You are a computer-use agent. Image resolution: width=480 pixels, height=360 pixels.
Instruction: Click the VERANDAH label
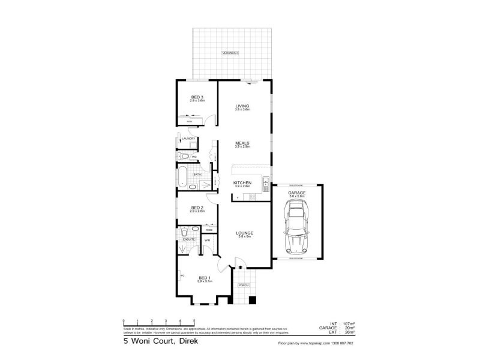tap(231, 53)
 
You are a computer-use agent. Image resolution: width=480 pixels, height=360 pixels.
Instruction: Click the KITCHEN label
tap(242, 184)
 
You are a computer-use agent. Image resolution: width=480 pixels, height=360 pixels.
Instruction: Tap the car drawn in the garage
tap(297, 227)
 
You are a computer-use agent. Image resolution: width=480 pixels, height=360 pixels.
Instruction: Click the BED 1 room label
tap(205, 278)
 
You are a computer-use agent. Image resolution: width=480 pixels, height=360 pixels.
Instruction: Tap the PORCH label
tap(244, 286)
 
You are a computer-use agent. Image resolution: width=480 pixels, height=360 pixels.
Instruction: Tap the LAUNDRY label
tap(189, 139)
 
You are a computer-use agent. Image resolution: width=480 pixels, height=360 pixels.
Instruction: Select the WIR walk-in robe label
tap(207, 241)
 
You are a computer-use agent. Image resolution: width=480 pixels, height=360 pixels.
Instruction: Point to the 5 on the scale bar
tap(193, 320)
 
